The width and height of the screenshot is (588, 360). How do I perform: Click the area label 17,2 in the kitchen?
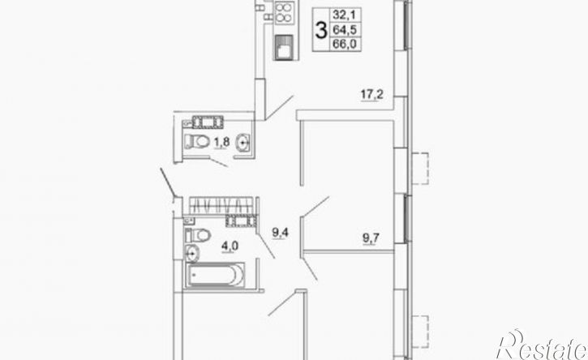371,95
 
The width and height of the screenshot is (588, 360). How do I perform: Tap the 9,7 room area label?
371,238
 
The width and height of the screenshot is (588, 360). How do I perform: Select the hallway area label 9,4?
280,233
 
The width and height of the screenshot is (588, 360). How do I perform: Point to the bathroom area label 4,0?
230,246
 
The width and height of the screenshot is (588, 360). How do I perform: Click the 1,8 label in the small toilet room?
221,143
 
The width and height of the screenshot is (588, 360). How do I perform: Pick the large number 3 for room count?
321,30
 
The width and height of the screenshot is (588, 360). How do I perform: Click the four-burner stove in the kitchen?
284,13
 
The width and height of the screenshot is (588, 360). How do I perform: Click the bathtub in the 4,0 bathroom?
216,275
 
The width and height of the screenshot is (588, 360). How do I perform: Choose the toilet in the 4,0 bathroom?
198,235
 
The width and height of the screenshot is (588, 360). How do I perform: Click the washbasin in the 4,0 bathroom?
192,254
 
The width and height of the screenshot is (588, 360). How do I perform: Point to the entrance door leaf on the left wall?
167,182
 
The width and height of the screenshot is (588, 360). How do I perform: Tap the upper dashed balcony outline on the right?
421,168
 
